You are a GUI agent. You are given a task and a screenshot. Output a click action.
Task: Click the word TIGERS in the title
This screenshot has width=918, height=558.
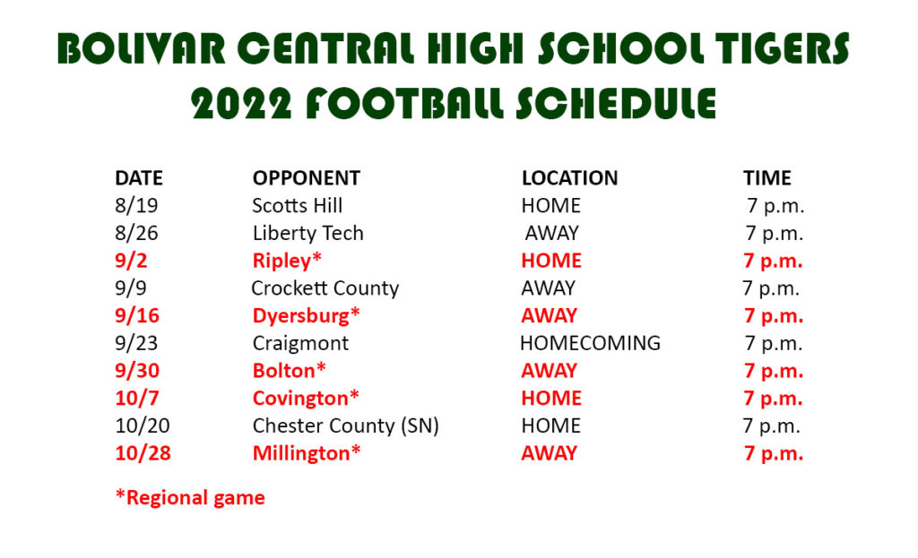coord(782,47)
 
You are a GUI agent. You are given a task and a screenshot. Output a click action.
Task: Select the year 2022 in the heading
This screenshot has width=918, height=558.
coord(241,104)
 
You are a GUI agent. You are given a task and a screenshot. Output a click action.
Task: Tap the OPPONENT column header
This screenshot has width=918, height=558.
coord(307,178)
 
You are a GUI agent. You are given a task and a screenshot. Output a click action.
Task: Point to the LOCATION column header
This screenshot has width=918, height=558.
coord(569,178)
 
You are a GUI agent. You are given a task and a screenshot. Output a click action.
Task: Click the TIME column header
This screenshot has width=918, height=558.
coord(767,178)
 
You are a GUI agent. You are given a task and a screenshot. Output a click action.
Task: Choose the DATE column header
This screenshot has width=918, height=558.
coord(139,178)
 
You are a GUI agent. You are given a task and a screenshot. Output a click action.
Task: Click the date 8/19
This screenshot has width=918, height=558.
coord(136,205)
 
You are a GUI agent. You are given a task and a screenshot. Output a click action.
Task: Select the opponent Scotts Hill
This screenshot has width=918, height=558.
coord(298,205)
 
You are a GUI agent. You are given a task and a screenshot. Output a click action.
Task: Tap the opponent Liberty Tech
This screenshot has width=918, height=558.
coord(308,234)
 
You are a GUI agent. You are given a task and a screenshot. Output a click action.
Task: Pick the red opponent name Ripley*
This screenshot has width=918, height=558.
coord(287,261)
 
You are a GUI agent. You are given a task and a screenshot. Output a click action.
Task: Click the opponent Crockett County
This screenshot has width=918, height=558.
coord(325,288)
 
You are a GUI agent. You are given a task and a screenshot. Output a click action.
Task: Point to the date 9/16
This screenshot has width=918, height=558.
coord(137,316)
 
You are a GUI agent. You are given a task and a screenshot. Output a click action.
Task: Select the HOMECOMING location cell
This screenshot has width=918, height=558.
coord(590,343)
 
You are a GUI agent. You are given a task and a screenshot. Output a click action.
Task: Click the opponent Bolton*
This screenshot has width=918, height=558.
coord(289,371)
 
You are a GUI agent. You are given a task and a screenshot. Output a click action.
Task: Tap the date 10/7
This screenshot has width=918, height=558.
coord(137,399)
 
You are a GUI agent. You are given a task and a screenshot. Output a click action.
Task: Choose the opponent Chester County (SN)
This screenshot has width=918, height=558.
coord(345,425)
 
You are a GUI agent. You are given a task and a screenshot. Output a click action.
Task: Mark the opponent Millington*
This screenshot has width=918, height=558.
coord(307,453)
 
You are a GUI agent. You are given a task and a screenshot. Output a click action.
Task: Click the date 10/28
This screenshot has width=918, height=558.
coord(143,453)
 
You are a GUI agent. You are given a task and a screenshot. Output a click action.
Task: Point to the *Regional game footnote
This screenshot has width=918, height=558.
coord(190,498)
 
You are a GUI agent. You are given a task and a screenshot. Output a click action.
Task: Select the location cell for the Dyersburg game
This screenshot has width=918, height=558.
coord(550,316)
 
